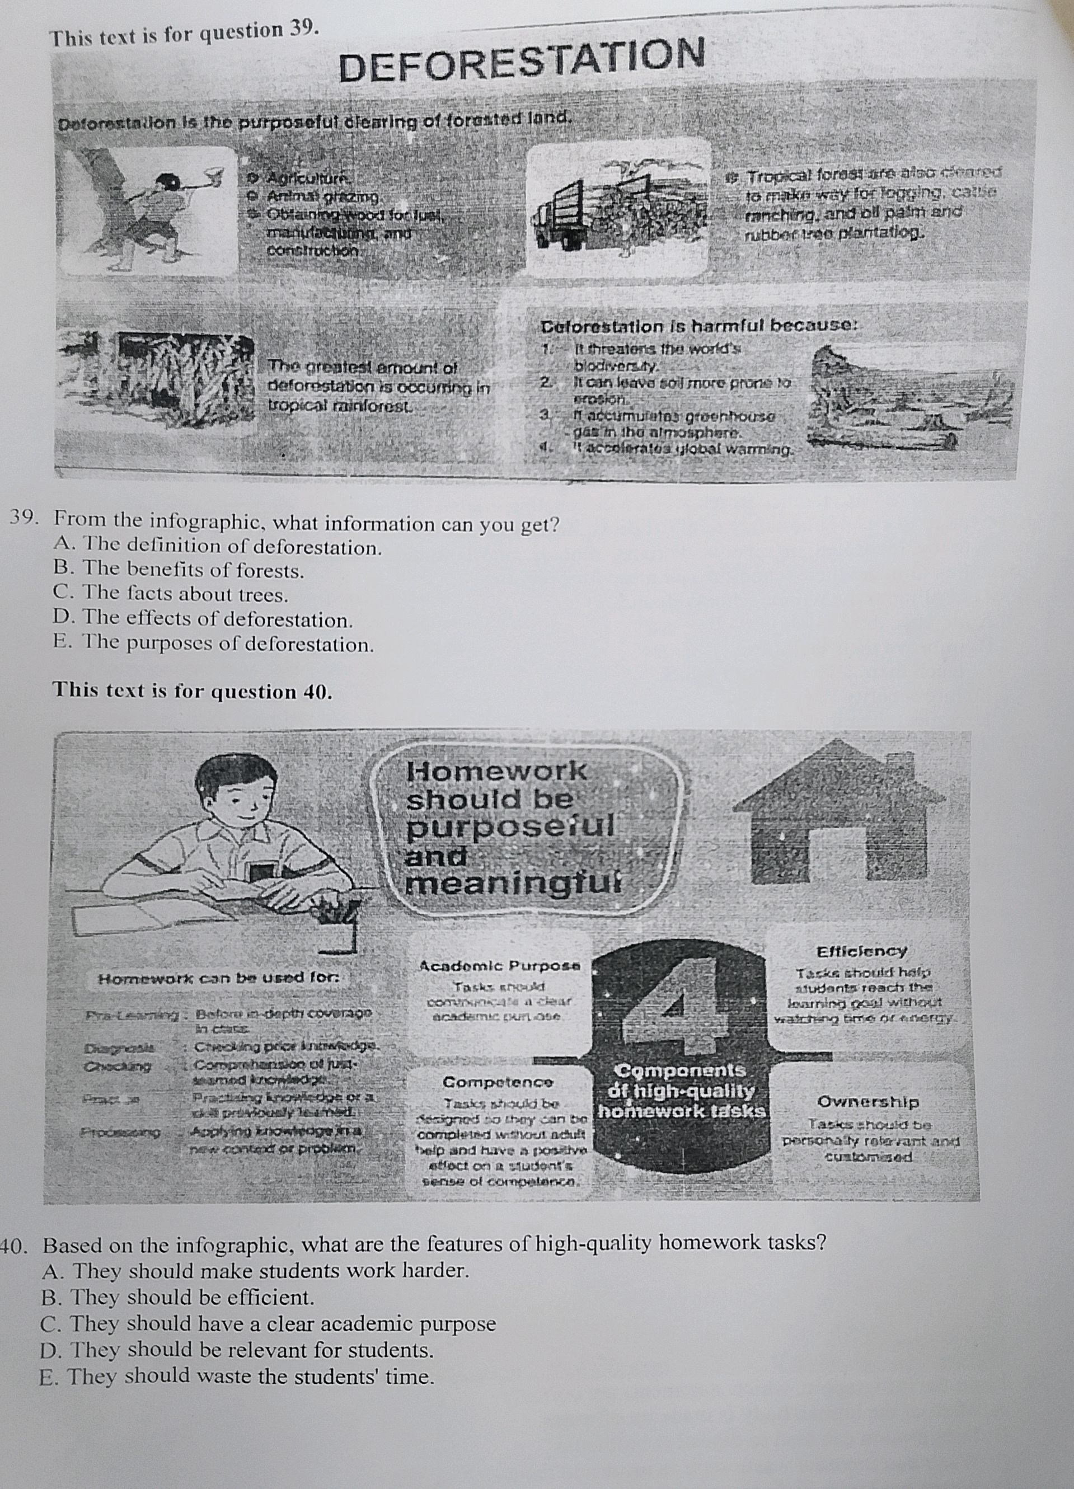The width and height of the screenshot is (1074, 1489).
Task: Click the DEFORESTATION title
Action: (x=522, y=60)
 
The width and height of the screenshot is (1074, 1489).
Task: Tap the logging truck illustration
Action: (x=617, y=210)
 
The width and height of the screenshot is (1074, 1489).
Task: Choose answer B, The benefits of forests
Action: (x=179, y=571)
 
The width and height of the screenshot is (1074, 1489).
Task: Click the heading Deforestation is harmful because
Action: (x=699, y=326)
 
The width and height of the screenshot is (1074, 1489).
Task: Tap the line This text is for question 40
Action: (x=193, y=691)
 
